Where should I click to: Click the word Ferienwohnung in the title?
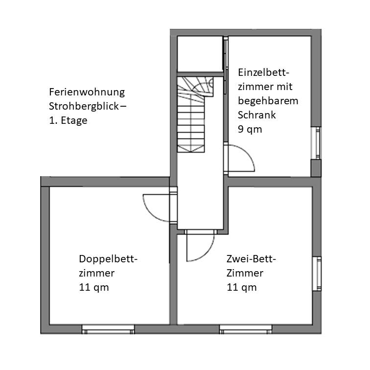pos(87,92)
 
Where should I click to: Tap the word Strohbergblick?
pos(84,106)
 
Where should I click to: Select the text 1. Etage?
pos(68,120)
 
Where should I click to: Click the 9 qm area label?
pos(250,130)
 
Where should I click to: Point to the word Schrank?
pos(257,115)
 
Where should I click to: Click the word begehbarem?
pos(268,101)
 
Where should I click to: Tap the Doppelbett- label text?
pos(108,259)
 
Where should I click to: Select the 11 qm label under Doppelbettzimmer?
pos(94,288)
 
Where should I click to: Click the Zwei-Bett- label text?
pos(251,259)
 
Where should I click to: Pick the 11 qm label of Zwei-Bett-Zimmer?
pos(242,288)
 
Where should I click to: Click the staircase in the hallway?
pos(195,115)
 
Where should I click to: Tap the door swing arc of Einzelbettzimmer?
pos(248,152)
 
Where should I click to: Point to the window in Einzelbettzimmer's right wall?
pos(316,143)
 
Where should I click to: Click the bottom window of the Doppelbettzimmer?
pos(108,329)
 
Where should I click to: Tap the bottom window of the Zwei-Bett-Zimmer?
pos(246,329)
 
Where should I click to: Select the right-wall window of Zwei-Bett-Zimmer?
pos(317,274)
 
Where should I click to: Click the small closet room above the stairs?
pos(200,54)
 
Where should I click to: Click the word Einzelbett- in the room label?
pos(263,72)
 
